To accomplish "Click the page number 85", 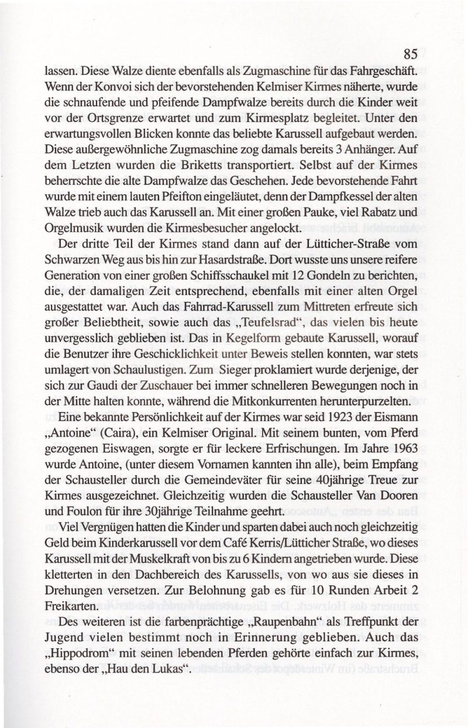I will [x=409, y=55].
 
